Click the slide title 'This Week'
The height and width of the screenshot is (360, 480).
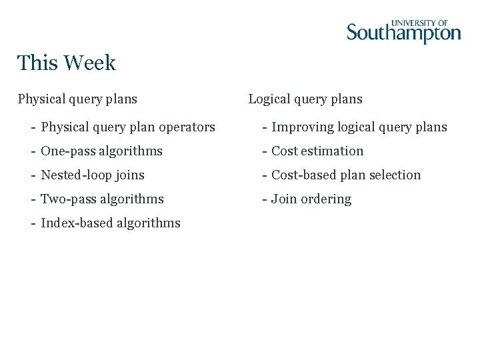67,63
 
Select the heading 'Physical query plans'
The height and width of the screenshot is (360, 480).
77,99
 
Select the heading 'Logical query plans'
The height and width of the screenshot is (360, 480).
305,99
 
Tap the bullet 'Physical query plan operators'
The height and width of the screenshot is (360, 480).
128,127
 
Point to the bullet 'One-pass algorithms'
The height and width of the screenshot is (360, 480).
101,151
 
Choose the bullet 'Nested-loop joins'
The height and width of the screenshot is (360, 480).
93,175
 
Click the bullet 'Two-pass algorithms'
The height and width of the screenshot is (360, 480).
102,199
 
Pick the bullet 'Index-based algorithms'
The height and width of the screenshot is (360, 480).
111,223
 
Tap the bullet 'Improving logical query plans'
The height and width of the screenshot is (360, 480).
359,127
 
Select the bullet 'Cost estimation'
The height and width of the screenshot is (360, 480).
317,151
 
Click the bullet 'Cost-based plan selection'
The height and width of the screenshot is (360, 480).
346,175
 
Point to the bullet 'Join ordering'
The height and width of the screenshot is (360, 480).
311,199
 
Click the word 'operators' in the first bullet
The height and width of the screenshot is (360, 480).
190,127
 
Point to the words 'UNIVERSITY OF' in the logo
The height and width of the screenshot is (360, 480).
419,23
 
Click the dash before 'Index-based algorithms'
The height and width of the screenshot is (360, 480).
33,223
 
